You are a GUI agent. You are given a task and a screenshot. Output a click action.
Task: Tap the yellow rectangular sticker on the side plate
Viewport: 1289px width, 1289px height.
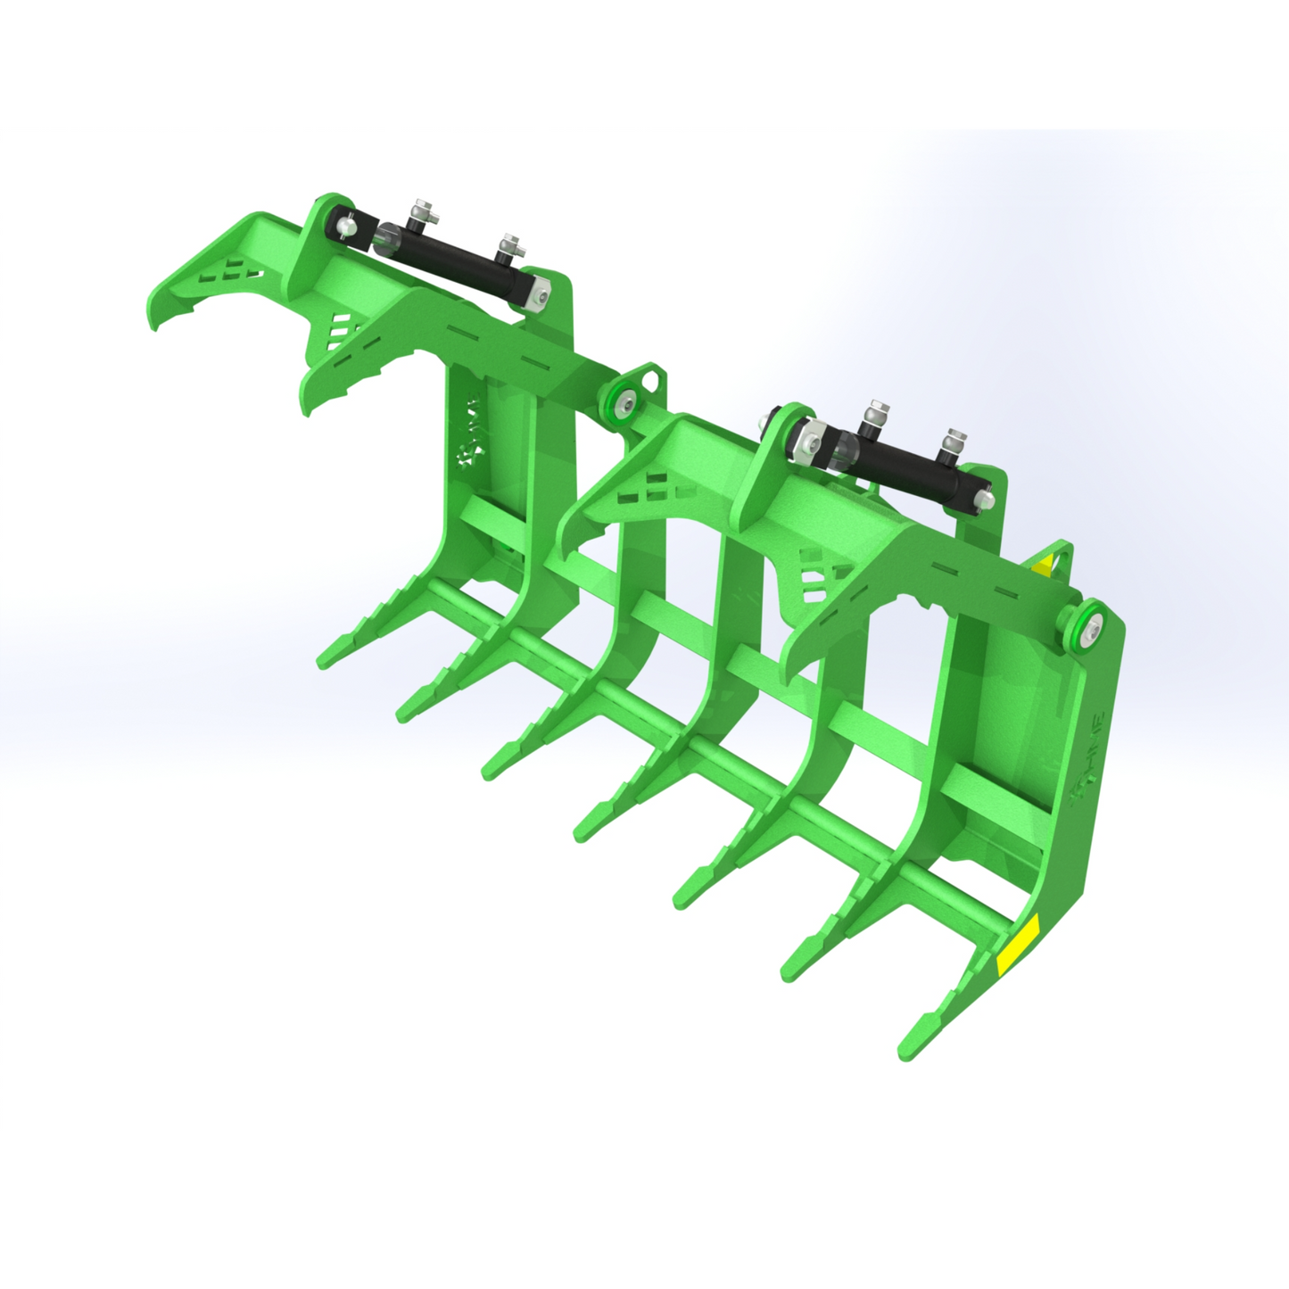pos(1018,945)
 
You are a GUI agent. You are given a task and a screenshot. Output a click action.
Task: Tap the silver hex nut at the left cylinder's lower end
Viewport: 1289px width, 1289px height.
pos(537,295)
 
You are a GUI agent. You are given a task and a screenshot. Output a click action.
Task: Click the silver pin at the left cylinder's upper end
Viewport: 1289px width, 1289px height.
pos(346,228)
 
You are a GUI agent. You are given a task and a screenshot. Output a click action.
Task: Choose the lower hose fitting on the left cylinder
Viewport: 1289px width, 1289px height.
pos(510,245)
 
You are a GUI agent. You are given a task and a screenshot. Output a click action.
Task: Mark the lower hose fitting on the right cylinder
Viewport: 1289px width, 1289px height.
pos(955,442)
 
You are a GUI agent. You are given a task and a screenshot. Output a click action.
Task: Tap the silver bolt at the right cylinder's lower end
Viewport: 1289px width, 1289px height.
pos(984,500)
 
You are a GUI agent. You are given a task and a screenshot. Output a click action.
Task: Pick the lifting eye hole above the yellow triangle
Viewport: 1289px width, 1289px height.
pos(1062,559)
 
